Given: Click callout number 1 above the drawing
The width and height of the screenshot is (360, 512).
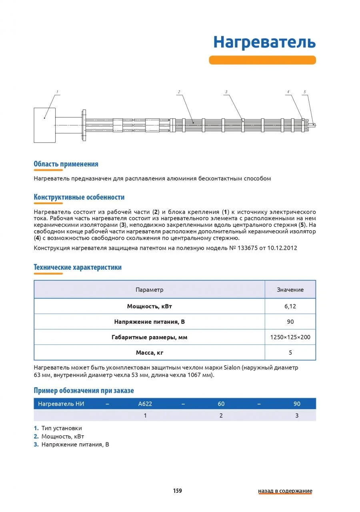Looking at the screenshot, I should click(57, 92).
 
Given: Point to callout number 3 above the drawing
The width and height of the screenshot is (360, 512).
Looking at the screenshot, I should click(226, 92).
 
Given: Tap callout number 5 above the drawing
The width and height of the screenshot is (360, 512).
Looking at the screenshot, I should click(304, 92).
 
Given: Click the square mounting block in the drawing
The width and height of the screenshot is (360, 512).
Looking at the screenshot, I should click(44, 125).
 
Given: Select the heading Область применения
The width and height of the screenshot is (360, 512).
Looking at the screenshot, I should click(66, 164).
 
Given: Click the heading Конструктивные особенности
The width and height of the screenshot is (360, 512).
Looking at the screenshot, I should click(79, 197).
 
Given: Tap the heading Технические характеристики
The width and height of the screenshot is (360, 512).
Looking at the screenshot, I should click(78, 267).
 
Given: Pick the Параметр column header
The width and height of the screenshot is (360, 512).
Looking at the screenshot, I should click(149, 290).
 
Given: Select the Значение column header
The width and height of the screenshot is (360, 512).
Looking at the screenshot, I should click(290, 290).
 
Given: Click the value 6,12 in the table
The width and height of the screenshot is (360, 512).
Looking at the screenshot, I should click(290, 307).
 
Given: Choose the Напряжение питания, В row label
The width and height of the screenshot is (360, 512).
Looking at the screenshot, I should click(149, 322).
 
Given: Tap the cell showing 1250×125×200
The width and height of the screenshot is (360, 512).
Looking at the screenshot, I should click(290, 337).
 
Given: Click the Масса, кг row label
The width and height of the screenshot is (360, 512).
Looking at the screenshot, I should click(149, 353).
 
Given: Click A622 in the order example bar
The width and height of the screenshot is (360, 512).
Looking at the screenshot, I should click(145, 404).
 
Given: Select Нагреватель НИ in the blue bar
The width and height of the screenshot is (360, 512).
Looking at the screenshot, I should click(61, 404).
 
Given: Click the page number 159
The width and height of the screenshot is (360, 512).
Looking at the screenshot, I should click(178, 491).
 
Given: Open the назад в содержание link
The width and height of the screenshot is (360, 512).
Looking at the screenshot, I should click(285, 491).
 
